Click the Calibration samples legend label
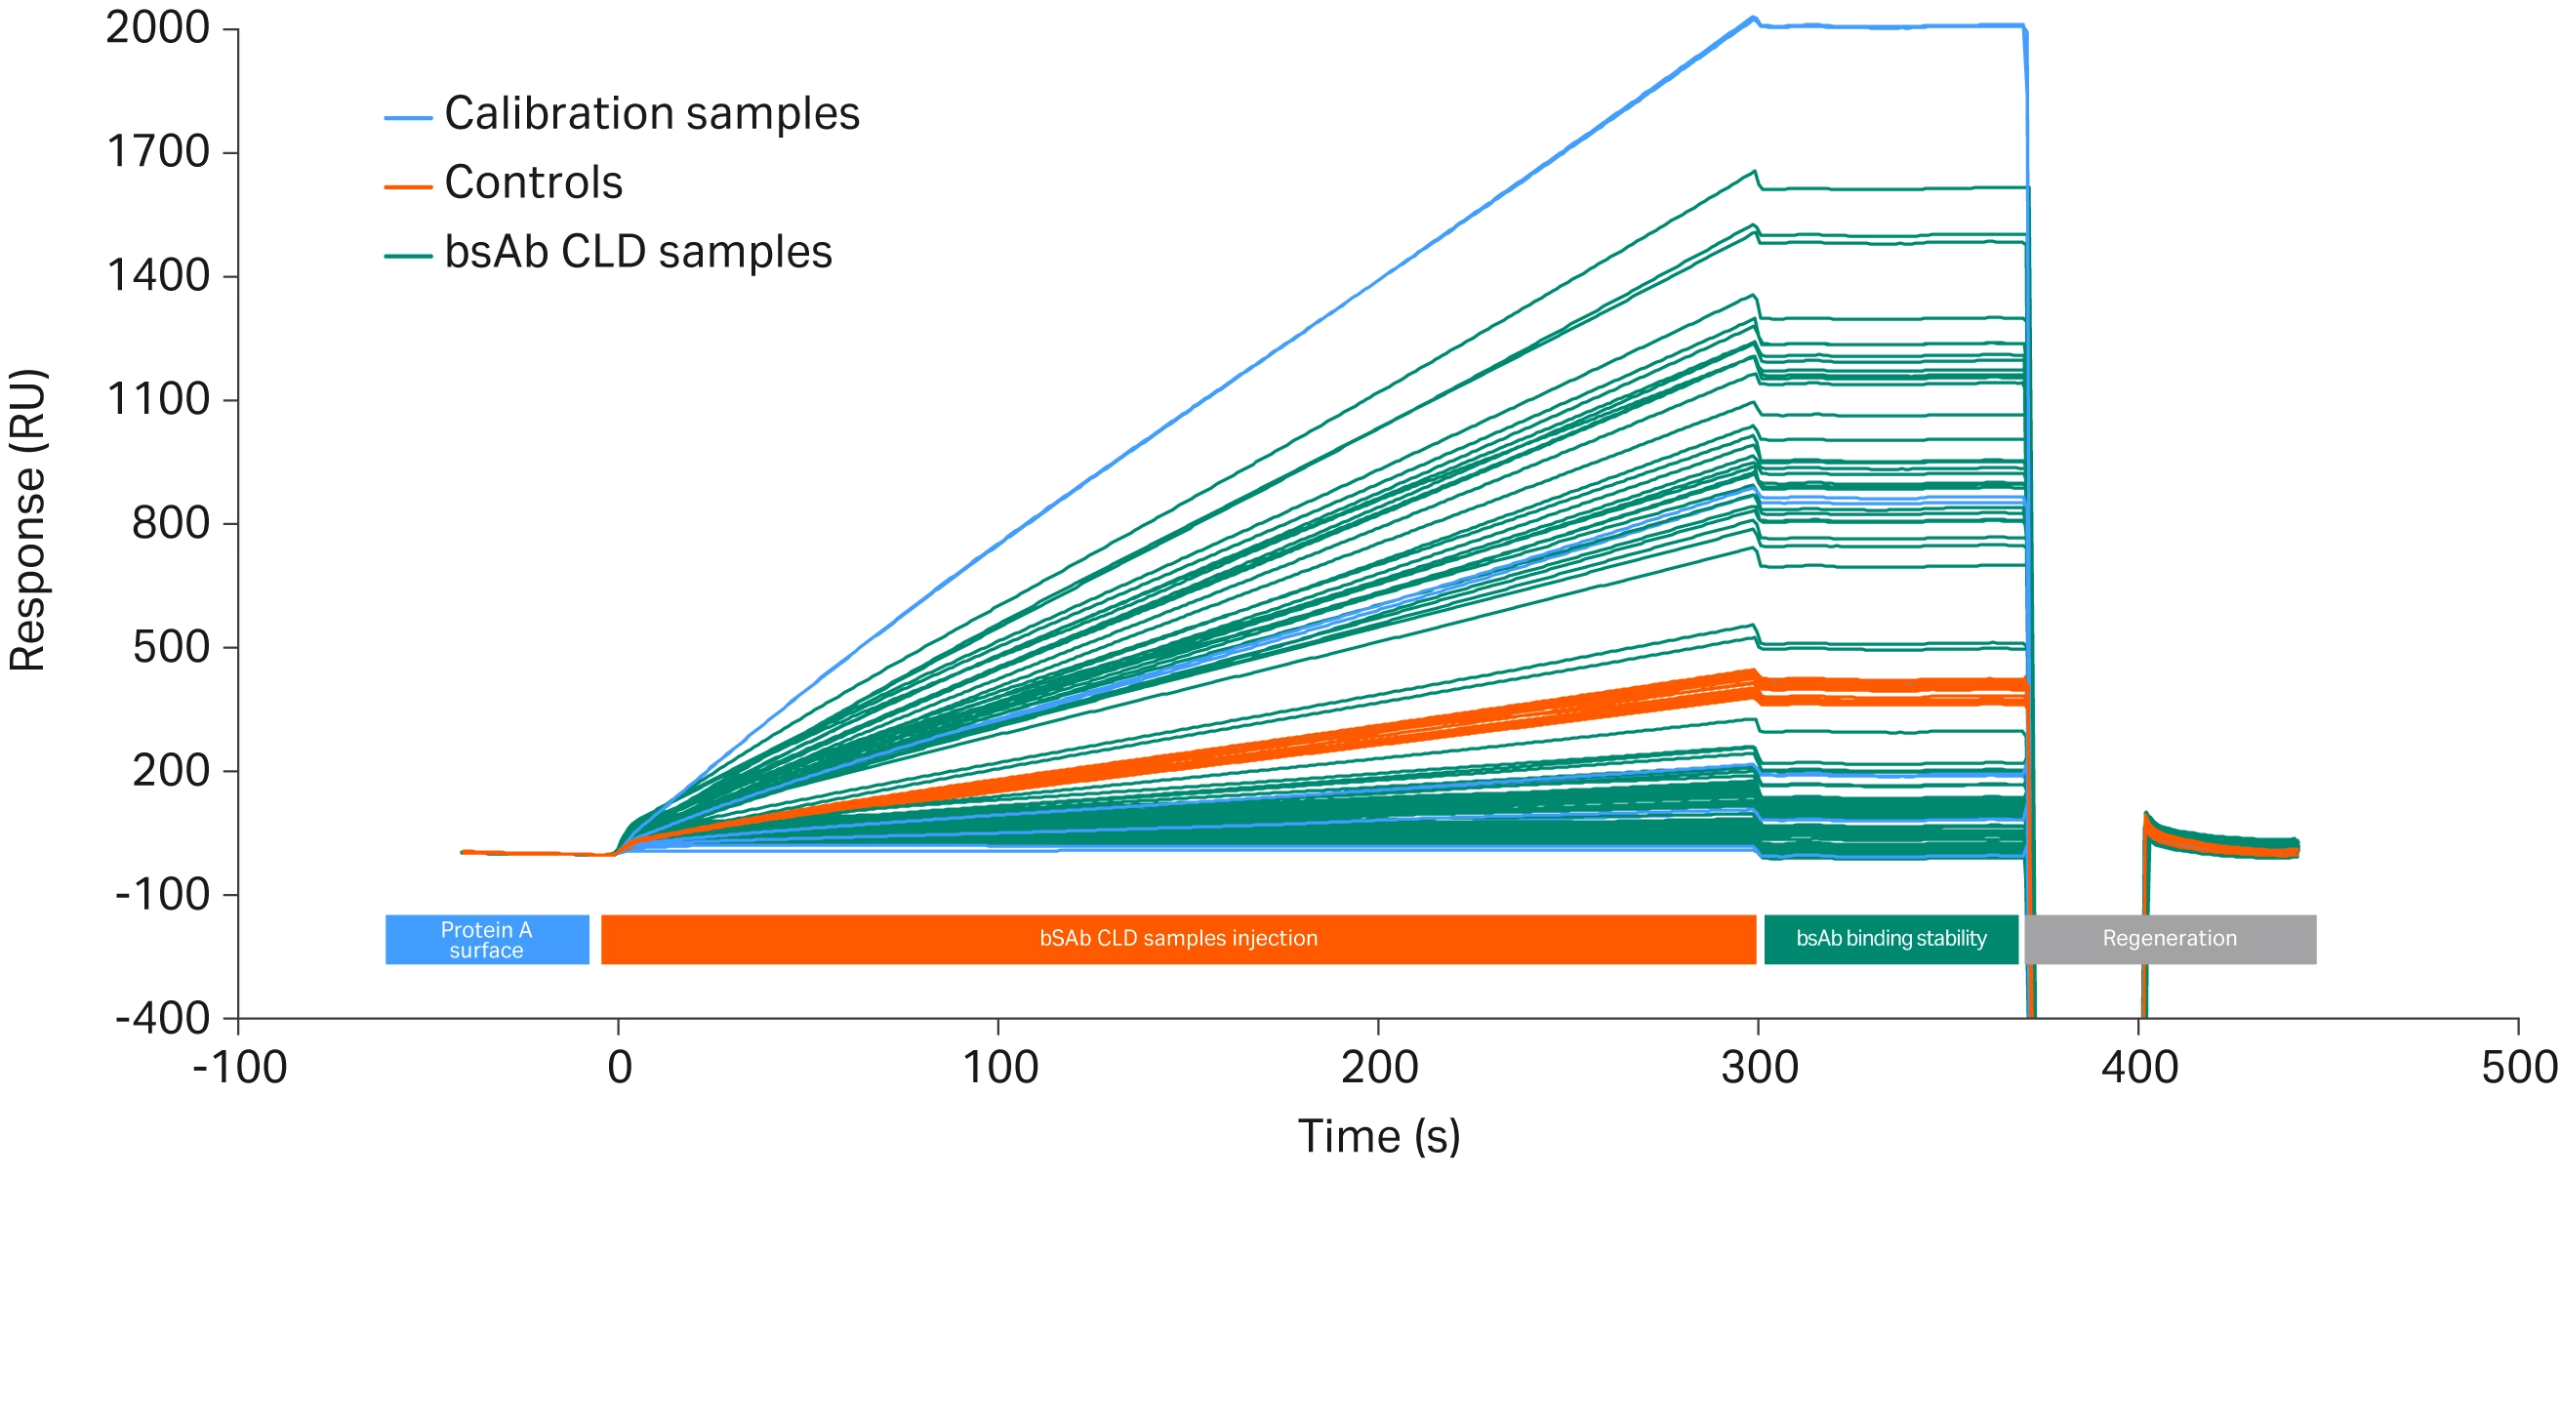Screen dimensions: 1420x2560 tap(651, 113)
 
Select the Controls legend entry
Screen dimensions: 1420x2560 tap(533, 183)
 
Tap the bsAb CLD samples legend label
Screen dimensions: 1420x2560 tap(637, 253)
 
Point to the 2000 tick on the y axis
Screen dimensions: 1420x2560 tap(158, 28)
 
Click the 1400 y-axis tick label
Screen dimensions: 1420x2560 tap(158, 275)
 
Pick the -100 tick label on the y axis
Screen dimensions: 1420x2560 tap(162, 895)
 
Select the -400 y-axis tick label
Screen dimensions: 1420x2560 tap(162, 1019)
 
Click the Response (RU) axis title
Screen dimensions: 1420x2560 tap(28, 521)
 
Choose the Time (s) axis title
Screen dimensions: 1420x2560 tap(1378, 1137)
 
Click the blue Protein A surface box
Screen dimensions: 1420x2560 tap(487, 940)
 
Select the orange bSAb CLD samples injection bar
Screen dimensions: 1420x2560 tap(1178, 940)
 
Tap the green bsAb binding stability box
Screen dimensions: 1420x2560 tap(1890, 940)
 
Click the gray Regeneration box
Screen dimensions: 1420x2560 tap(2170, 940)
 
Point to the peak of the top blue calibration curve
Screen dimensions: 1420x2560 tap(1754, 18)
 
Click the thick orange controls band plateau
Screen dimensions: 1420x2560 tap(1889, 692)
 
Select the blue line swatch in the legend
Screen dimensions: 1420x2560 tap(407, 118)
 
